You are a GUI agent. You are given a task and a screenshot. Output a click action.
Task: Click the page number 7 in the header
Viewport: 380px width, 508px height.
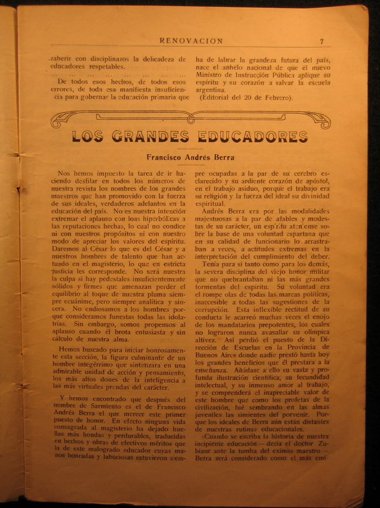point(322,42)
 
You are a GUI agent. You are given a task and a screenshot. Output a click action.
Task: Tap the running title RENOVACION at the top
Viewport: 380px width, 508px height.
point(191,41)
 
